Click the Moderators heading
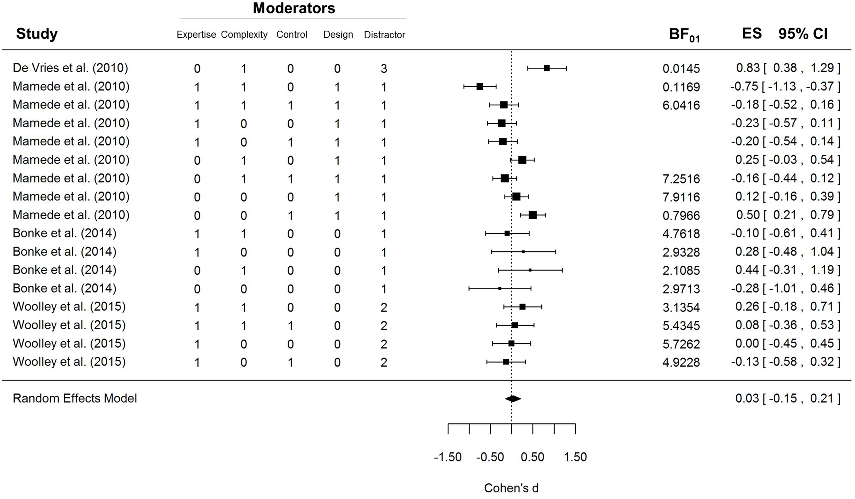294,8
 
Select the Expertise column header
196,35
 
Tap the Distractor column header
384,35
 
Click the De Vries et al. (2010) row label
70,68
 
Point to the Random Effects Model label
75,398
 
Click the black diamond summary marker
513,398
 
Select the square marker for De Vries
547,68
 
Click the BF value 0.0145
681,69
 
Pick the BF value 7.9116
681,197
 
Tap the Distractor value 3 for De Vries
384,69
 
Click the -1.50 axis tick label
448,457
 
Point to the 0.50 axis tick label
532,457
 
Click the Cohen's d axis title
511,488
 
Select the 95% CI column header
803,34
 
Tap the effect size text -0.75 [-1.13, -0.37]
785,87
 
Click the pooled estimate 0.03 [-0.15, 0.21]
787,398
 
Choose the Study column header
37,34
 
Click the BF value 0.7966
681,215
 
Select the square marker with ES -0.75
479,87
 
